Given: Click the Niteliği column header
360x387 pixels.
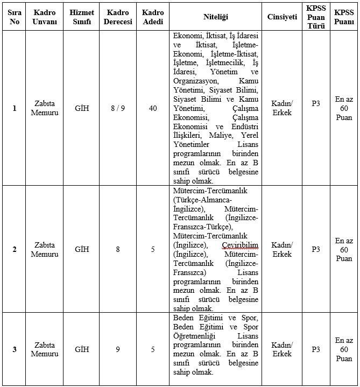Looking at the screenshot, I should click(x=215, y=17).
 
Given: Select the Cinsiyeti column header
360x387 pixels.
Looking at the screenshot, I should click(x=282, y=17).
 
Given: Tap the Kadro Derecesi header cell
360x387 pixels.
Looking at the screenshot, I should click(x=118, y=17).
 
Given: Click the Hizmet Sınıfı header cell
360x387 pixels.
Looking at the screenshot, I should click(x=82, y=17).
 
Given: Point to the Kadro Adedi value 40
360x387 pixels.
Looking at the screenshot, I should click(x=153, y=108).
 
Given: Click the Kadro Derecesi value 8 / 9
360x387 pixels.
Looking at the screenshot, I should click(x=118, y=108).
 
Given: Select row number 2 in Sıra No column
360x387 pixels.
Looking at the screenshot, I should click(x=15, y=249).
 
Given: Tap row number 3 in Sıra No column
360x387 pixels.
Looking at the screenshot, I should click(x=15, y=349).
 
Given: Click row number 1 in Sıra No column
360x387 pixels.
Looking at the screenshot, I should click(x=15, y=108).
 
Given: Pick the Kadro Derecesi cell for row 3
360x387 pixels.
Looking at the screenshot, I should click(x=118, y=349).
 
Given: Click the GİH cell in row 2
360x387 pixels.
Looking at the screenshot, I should click(x=82, y=249).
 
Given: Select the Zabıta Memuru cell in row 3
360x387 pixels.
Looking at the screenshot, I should click(x=45, y=349).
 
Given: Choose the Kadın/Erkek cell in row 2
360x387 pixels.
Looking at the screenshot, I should click(x=282, y=249).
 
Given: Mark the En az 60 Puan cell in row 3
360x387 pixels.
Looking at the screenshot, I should click(x=343, y=349).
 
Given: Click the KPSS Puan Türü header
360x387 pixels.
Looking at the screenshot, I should click(x=315, y=17).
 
